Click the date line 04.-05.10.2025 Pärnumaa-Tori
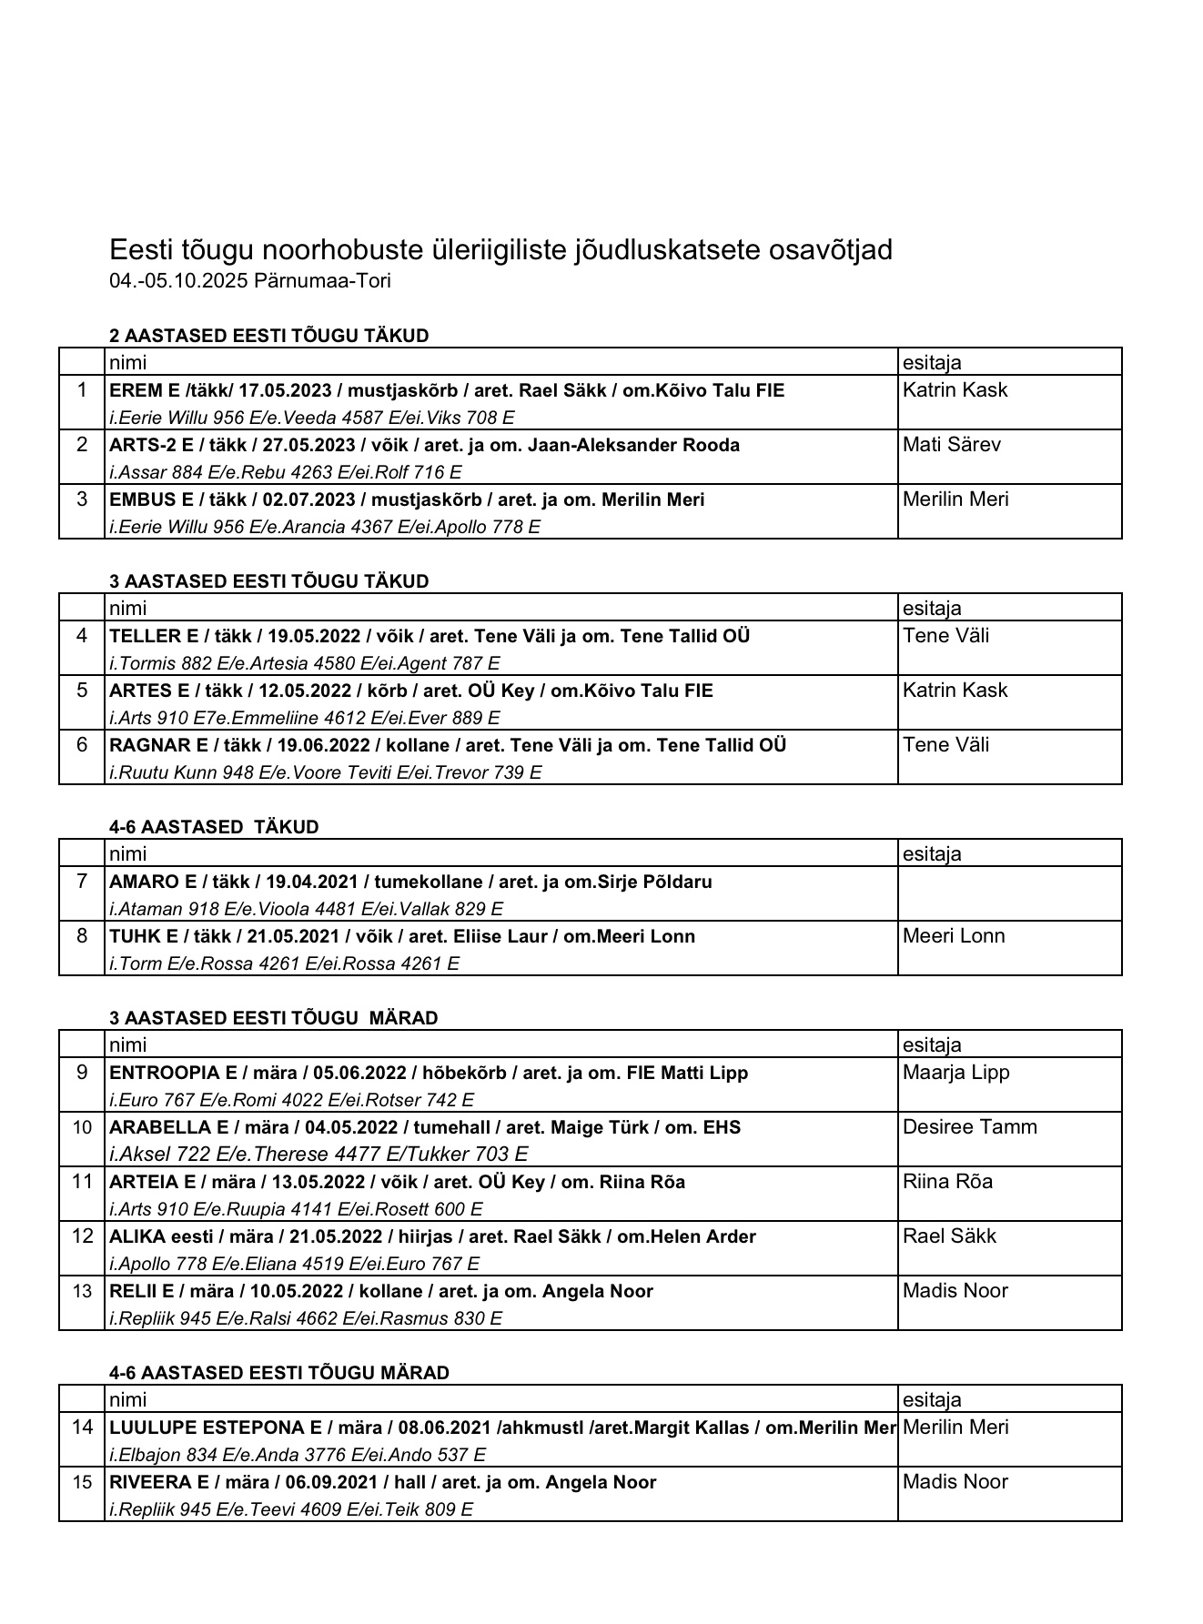(250, 281)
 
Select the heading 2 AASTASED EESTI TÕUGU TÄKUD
(268, 336)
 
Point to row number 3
(82, 499)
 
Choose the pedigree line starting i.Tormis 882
(304, 663)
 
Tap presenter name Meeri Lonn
(954, 936)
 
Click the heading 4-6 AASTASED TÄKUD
(214, 827)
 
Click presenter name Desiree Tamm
(969, 1127)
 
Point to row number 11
(82, 1182)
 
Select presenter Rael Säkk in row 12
(949, 1236)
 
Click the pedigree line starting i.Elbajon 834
(297, 1455)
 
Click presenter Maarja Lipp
(955, 1073)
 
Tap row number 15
(82, 1482)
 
